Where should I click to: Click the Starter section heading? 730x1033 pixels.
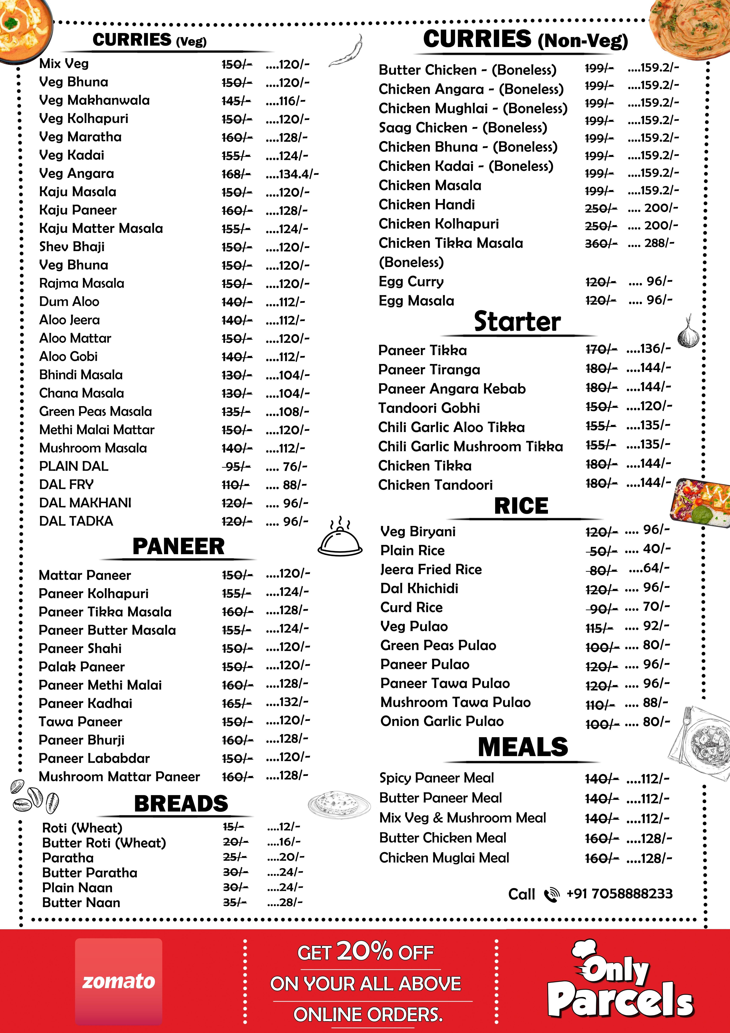tap(517, 322)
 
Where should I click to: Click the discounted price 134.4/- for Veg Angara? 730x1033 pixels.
tap(292, 174)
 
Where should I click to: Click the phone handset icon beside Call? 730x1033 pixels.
tap(551, 894)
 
